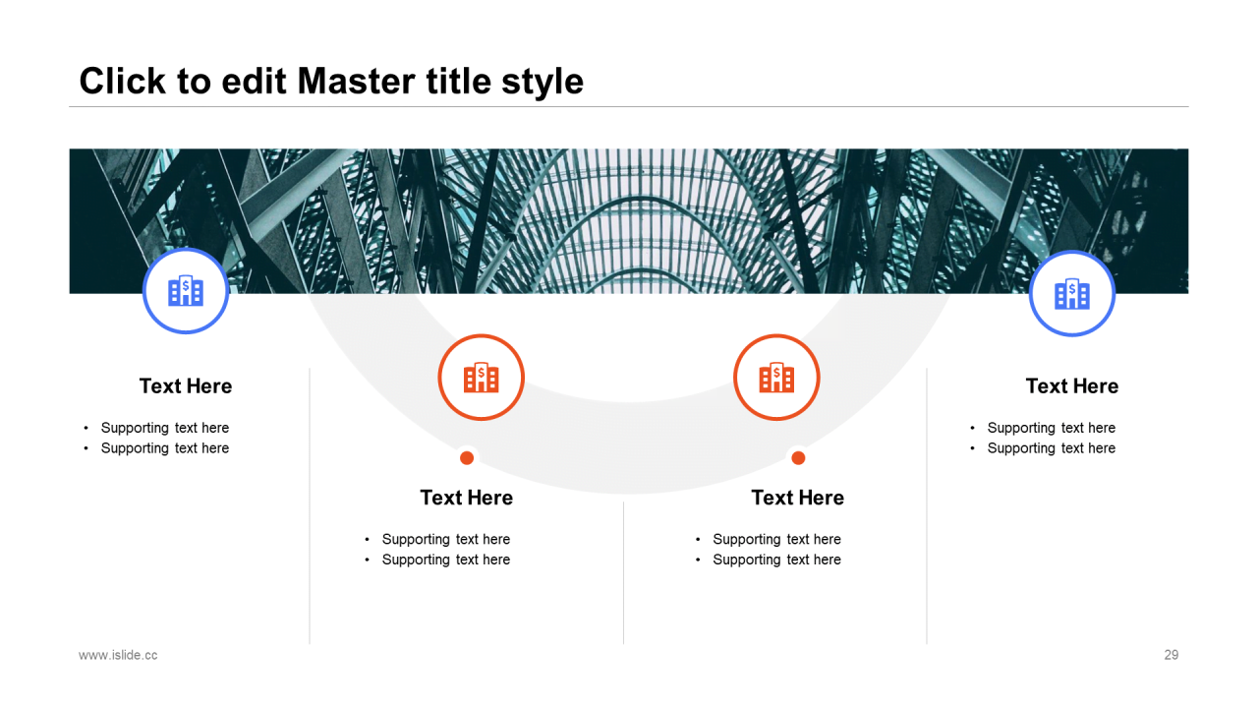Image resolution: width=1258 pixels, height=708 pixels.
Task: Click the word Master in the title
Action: point(357,81)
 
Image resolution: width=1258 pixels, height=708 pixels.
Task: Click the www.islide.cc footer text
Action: point(118,655)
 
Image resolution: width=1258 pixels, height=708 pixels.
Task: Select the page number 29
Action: point(1171,655)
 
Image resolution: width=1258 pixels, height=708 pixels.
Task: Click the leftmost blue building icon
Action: point(186,290)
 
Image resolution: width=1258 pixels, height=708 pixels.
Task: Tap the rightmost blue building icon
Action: point(1072,293)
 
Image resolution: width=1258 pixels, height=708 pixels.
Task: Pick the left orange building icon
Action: point(482,377)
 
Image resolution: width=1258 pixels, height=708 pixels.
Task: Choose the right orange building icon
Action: point(776,377)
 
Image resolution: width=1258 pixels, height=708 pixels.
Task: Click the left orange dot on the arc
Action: point(467,458)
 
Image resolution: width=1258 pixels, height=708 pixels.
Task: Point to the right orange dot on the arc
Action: point(798,458)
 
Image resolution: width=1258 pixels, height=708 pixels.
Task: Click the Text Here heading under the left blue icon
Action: point(186,386)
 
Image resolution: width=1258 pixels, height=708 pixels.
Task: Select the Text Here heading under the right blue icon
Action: point(1072,386)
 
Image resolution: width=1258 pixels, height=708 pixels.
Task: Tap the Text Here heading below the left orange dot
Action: point(467,498)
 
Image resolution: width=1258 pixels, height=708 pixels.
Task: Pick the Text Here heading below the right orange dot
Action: point(798,498)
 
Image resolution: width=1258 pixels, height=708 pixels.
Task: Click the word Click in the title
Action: point(123,81)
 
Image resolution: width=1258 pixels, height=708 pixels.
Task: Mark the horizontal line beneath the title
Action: point(629,106)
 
